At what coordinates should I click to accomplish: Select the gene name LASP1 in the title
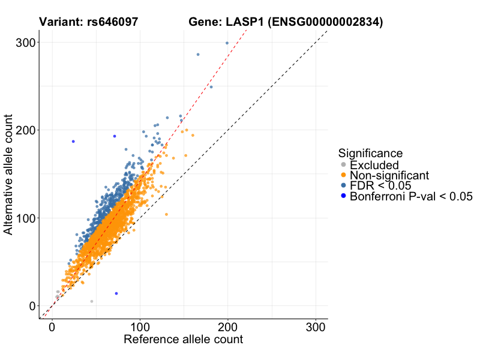pyautogui.click(x=244, y=22)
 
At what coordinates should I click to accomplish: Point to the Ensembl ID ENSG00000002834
pyautogui.click(x=325, y=22)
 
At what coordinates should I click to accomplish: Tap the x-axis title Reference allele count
pyautogui.click(x=183, y=340)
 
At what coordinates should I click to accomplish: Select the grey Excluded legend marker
pyautogui.click(x=343, y=165)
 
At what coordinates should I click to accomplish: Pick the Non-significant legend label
pyautogui.click(x=389, y=175)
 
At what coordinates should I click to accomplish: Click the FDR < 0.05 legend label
pyautogui.click(x=380, y=185)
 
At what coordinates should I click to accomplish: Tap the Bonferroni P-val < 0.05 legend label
pyautogui.click(x=412, y=196)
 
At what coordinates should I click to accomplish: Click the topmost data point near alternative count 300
pyautogui.click(x=227, y=43)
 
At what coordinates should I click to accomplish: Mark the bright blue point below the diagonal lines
pyautogui.click(x=116, y=293)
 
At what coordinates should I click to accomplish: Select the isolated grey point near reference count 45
pyautogui.click(x=92, y=301)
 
